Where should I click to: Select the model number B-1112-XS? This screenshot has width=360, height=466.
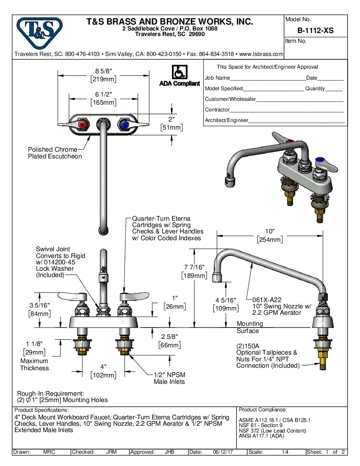click(x=316, y=31)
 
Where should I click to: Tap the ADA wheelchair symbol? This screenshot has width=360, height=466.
click(x=180, y=72)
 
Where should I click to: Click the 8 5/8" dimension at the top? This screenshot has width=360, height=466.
click(x=103, y=71)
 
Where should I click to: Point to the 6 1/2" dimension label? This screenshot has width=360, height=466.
click(x=103, y=94)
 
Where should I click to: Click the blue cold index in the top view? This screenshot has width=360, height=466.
click(x=124, y=125)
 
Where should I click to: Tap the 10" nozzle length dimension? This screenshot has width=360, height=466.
click(x=270, y=231)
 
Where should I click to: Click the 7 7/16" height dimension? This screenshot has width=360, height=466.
click(x=194, y=267)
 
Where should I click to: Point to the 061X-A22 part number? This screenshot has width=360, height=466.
click(x=267, y=299)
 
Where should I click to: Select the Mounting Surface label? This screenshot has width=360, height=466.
click(x=249, y=327)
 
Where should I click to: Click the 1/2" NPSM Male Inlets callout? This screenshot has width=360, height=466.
click(x=169, y=378)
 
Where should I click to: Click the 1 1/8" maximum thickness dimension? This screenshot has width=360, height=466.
click(x=34, y=344)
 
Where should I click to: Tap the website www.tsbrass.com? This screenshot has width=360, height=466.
click(x=261, y=54)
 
